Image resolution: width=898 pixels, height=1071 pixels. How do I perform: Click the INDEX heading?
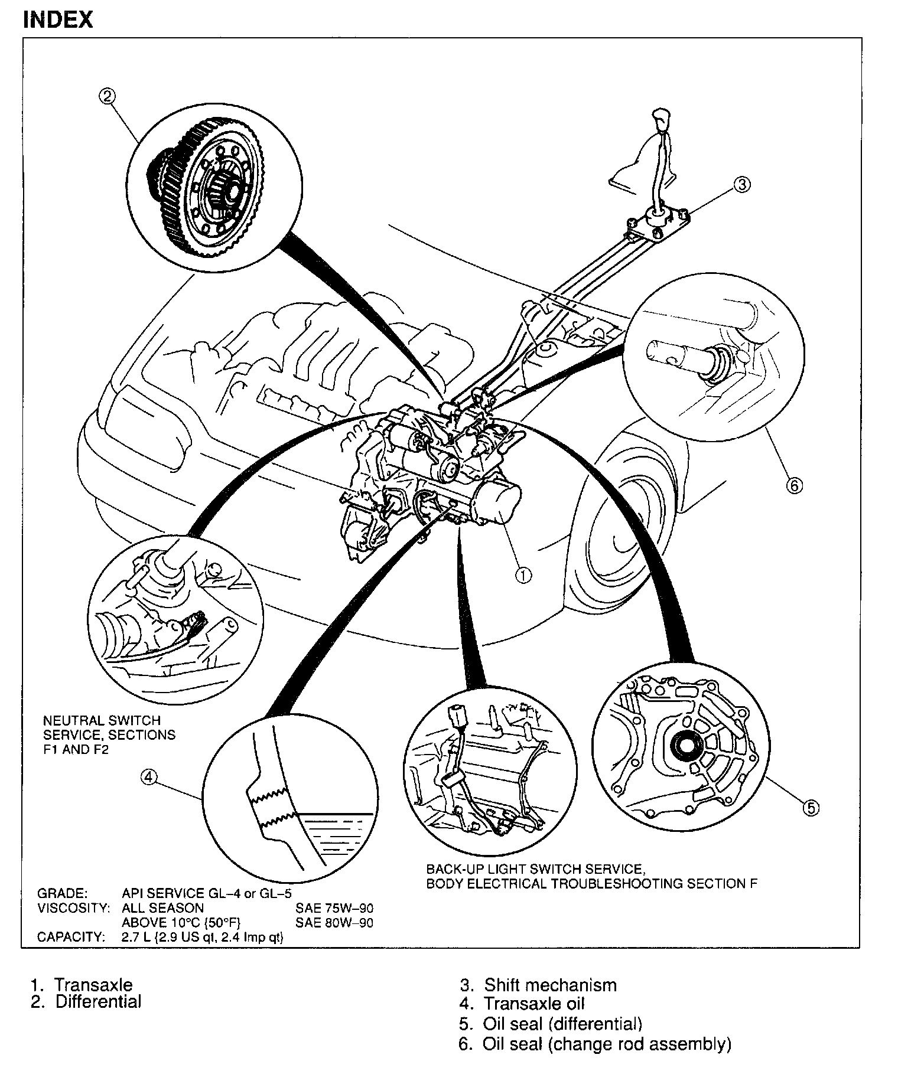(x=57, y=19)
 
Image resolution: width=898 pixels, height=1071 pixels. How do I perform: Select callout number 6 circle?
(x=794, y=486)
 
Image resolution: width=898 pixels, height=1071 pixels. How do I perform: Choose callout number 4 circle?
(x=148, y=778)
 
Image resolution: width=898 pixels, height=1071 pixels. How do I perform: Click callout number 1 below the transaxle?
(x=523, y=575)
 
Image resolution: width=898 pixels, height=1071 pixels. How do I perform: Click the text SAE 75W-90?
(x=334, y=908)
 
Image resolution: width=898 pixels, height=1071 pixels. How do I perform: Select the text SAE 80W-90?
(x=334, y=922)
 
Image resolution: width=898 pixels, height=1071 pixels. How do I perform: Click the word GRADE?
(x=62, y=893)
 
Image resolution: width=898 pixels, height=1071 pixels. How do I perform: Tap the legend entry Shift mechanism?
(x=550, y=985)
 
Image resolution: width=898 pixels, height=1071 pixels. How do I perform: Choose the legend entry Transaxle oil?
(x=534, y=1003)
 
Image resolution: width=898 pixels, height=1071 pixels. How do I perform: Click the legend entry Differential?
(x=98, y=1001)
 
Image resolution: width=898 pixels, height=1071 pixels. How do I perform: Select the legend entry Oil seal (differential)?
(x=562, y=1023)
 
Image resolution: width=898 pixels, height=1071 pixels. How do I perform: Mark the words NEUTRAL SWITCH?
(x=102, y=721)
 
